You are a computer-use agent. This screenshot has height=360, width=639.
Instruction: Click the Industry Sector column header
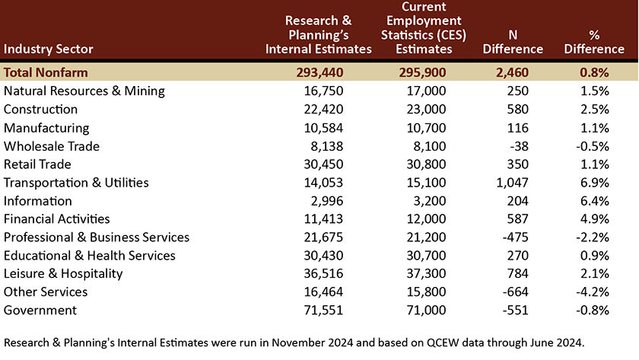(x=49, y=49)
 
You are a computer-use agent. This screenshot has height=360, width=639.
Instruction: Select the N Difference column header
(x=513, y=42)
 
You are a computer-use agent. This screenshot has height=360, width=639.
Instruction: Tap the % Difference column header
(x=594, y=42)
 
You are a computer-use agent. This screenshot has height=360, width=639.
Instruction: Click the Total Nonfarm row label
(x=46, y=72)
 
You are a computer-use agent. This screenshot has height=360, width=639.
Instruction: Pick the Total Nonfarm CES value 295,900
(x=422, y=72)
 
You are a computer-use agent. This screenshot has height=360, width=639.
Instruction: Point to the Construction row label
(x=40, y=110)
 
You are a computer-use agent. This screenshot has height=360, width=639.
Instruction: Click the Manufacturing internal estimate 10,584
(x=323, y=128)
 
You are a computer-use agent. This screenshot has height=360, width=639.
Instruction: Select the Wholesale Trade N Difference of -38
(x=519, y=146)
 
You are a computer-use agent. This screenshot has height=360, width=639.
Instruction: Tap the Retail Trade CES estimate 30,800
(x=426, y=164)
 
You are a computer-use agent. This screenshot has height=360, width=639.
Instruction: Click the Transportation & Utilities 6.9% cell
(x=595, y=183)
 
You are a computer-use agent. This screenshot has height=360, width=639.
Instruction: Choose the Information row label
(x=37, y=201)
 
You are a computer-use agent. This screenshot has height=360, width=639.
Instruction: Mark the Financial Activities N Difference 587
(x=518, y=219)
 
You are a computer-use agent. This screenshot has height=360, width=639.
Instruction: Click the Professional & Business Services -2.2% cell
(x=593, y=237)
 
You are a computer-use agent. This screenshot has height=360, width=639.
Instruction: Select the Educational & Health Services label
(x=89, y=256)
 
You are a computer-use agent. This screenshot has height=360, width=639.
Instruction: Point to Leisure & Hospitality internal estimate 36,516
(x=323, y=273)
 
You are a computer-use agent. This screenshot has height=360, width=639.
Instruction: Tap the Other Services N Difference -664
(x=516, y=292)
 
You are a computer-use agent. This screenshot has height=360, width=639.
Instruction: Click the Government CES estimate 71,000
(x=426, y=311)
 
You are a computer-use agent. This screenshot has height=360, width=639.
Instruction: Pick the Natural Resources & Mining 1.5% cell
(x=595, y=91)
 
